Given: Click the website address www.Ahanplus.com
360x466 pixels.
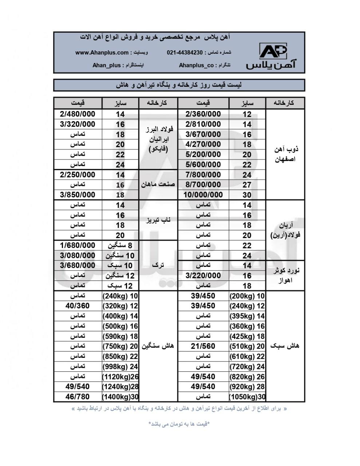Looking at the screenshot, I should coord(102,52).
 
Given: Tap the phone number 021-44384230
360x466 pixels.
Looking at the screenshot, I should coord(185,52).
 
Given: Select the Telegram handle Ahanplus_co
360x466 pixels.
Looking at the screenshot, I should coord(196,65).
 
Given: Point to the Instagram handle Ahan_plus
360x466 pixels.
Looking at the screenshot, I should coord(106,65).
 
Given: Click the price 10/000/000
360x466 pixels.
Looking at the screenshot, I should coord(203,195).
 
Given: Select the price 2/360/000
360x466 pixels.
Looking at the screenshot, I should coord(203,114).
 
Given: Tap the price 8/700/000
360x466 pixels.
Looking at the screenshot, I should coord(203,185).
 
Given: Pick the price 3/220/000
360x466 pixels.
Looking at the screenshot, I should coord(203,276).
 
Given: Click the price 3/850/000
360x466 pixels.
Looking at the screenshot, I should coord(78,195).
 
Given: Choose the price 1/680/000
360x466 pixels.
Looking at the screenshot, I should coord(78,245).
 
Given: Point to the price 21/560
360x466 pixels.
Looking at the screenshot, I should coord(203,346).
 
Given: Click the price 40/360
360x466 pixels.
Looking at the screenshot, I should coord(78,306).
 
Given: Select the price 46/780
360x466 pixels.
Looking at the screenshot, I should coord(78,397).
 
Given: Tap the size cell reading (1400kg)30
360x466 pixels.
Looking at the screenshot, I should coord(120,397).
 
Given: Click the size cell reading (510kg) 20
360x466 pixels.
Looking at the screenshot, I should coord(247,346).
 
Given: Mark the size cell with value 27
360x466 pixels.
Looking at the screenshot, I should coord(247,185).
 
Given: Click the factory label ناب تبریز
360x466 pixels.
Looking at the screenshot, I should coord(158,220).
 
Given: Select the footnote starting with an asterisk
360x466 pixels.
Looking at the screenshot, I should coord(179,424).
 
